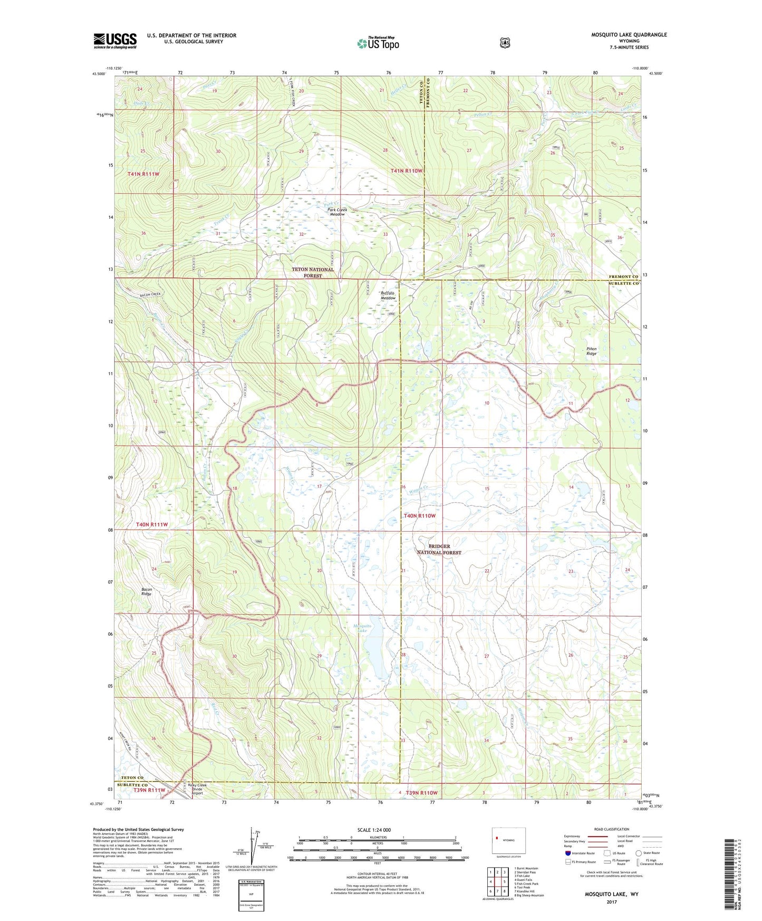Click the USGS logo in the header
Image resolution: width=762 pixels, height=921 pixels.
115,41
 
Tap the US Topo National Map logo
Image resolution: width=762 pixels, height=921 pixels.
378,43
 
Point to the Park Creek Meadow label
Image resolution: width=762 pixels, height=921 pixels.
337,212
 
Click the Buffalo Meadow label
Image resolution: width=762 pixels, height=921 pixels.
388,295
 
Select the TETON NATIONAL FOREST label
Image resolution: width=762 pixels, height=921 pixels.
313,272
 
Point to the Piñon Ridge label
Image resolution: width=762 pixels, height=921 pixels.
591,351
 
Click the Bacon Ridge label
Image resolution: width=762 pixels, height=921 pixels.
146,591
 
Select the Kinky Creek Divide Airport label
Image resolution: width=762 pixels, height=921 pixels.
198,789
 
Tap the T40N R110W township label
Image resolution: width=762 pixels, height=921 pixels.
419,515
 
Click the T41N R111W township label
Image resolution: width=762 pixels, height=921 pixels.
143,174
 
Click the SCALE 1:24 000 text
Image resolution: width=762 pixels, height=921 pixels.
374,830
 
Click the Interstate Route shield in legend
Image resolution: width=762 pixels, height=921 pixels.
567,853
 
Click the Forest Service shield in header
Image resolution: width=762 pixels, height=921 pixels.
505,42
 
